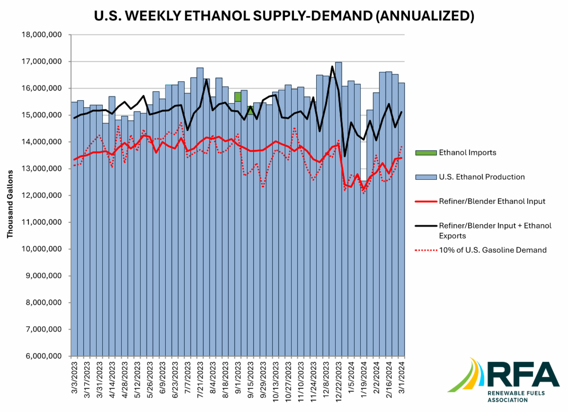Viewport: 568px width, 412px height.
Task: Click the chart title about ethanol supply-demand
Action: [x=284, y=15]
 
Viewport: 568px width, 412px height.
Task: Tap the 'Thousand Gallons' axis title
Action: [x=10, y=208]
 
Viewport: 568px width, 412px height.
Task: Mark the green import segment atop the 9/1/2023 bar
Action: [x=238, y=96]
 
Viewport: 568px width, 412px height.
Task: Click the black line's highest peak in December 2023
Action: [x=332, y=67]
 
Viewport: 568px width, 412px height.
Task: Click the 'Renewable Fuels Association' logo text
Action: [x=514, y=396]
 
